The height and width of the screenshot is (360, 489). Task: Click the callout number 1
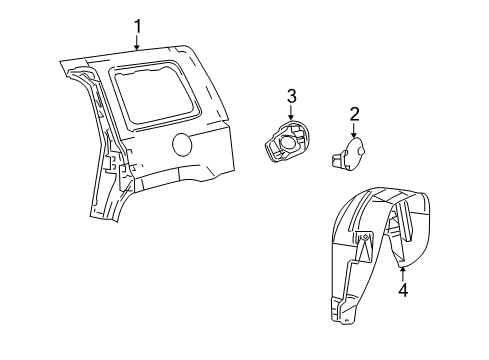(138, 26)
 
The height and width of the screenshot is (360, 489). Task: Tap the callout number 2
(354, 116)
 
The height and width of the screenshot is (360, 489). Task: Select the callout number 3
(292, 96)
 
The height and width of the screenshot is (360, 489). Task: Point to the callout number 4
(403, 291)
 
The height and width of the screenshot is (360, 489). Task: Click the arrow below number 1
(138, 43)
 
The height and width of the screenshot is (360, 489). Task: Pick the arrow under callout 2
(354, 132)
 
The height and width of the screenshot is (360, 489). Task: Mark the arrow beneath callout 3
(291, 114)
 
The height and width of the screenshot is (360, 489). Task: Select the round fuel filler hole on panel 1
(187, 145)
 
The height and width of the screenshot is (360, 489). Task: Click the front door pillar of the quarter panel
(98, 140)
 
